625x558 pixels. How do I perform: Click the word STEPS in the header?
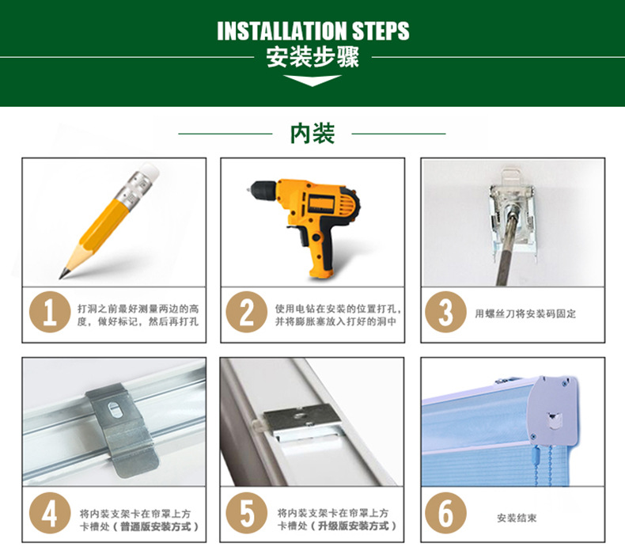tap(381, 31)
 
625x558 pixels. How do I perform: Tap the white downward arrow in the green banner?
tap(312, 80)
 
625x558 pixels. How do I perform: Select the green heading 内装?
tap(312, 134)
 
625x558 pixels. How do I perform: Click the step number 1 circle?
tap(50, 312)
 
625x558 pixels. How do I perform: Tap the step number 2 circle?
tap(246, 312)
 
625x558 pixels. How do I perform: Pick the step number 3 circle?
tap(445, 312)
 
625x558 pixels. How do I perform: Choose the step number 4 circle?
tap(50, 513)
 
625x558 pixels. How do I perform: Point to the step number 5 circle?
tap(246, 513)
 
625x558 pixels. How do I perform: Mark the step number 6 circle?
tap(445, 513)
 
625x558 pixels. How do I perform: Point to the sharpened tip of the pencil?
tap(62, 275)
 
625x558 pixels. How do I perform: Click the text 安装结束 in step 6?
tap(517, 518)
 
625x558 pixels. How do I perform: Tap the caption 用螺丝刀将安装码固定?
tap(525, 314)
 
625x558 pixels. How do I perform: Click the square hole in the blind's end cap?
tap(554, 420)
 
